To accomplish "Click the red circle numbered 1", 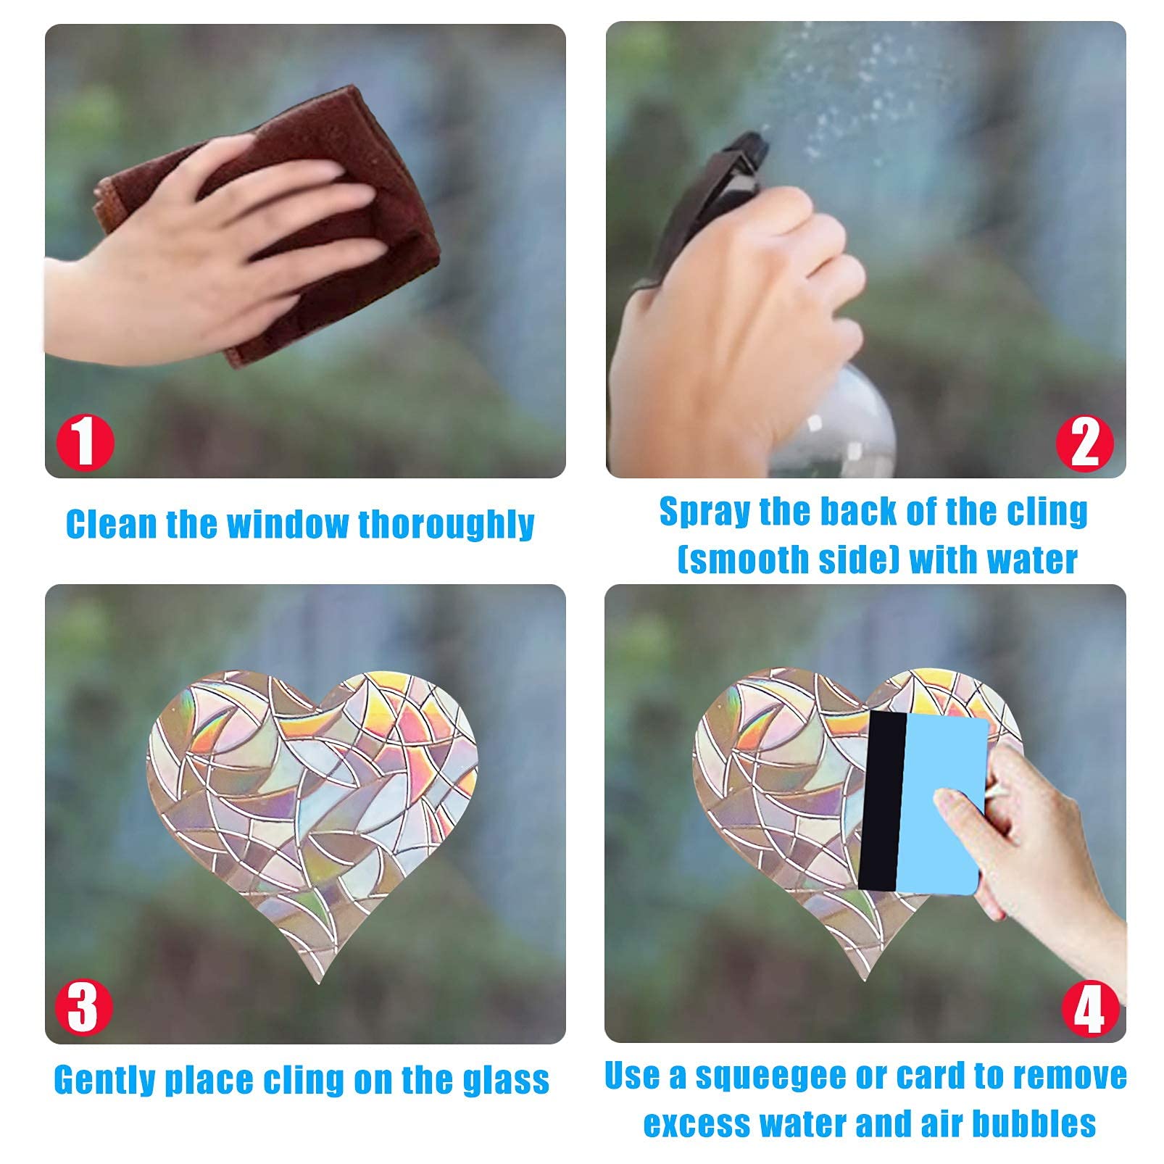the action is tap(86, 442).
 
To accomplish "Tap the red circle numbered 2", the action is tap(1084, 442).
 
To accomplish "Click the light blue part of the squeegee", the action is tap(942, 805).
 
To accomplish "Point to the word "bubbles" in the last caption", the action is tap(1034, 1123).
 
